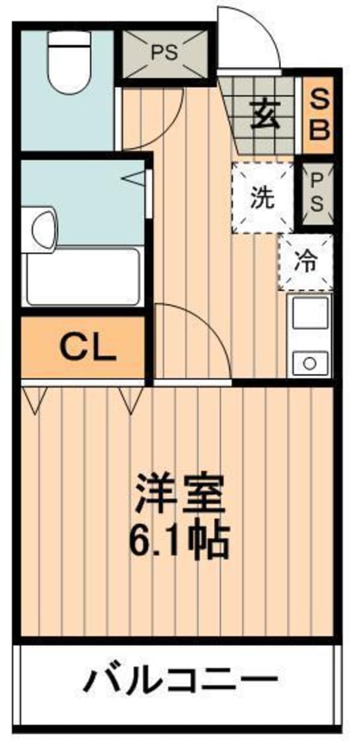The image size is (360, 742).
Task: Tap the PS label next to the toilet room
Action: tap(165, 52)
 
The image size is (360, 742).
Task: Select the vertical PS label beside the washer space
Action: tap(317, 195)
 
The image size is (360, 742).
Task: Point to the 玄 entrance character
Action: tap(265, 115)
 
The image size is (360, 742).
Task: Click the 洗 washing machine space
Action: tap(263, 198)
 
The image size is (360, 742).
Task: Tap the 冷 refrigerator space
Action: tap(305, 262)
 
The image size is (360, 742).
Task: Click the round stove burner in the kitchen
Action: tap(310, 364)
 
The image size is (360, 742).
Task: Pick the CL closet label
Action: tap(88, 348)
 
